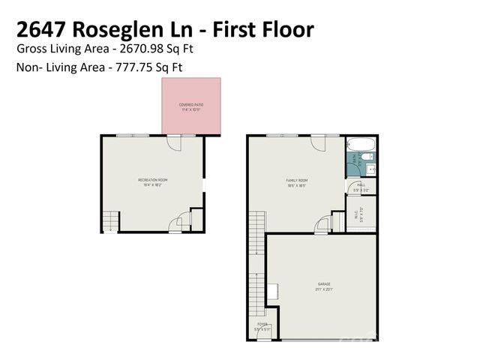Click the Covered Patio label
coord(191,104)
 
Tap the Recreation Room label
coord(152,179)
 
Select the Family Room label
coord(297,179)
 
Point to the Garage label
coord(324,284)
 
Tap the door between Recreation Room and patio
coord(174,142)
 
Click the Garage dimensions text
coord(324,289)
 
